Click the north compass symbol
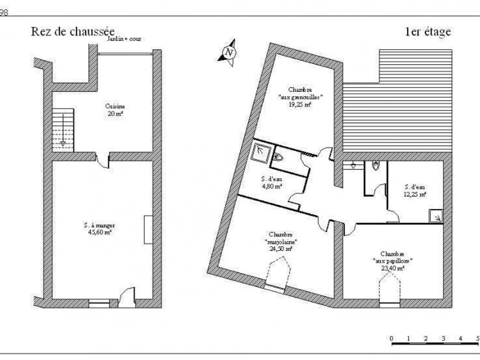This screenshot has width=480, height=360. click(228, 52)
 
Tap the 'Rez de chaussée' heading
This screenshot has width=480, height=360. click(73, 32)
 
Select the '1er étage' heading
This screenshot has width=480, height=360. click(428, 32)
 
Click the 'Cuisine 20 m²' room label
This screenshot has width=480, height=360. click(115, 110)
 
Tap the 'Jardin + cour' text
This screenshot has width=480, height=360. click(124, 39)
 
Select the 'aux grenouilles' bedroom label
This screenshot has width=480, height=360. click(300, 97)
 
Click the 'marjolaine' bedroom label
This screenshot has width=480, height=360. click(280, 242)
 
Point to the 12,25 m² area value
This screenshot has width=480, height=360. click(415, 194)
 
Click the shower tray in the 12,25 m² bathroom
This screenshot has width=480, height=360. click(436, 216)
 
